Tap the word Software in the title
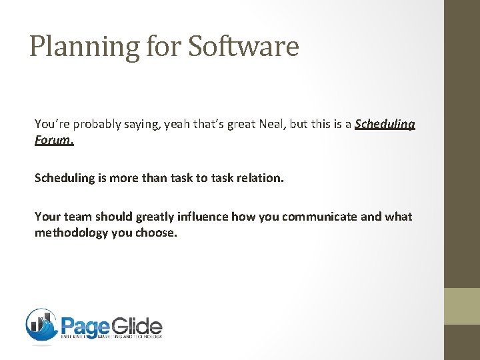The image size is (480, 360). coord(243,46)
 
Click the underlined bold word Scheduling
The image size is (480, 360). coord(385,125)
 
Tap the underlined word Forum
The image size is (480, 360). coord(55,141)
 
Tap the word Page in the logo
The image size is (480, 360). coord(85,326)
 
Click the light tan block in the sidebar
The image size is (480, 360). coord(462,306)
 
